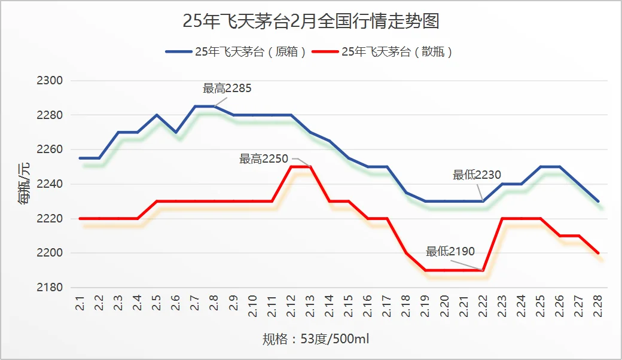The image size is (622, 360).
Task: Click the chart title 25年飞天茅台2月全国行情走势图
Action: [311, 22]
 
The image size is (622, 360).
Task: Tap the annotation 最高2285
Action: [227, 89]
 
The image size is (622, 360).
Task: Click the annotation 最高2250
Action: [264, 159]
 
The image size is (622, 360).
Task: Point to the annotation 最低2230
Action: [477, 175]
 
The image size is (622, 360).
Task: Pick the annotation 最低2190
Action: [450, 252]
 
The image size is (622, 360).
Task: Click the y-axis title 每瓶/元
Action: [25, 184]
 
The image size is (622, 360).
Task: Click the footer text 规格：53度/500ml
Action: [316, 340]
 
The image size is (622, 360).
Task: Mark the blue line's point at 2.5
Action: [157, 115]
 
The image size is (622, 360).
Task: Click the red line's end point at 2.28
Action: [597, 253]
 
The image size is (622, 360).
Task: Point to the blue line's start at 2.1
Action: [80, 158]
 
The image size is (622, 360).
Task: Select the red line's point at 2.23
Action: [502, 219]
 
